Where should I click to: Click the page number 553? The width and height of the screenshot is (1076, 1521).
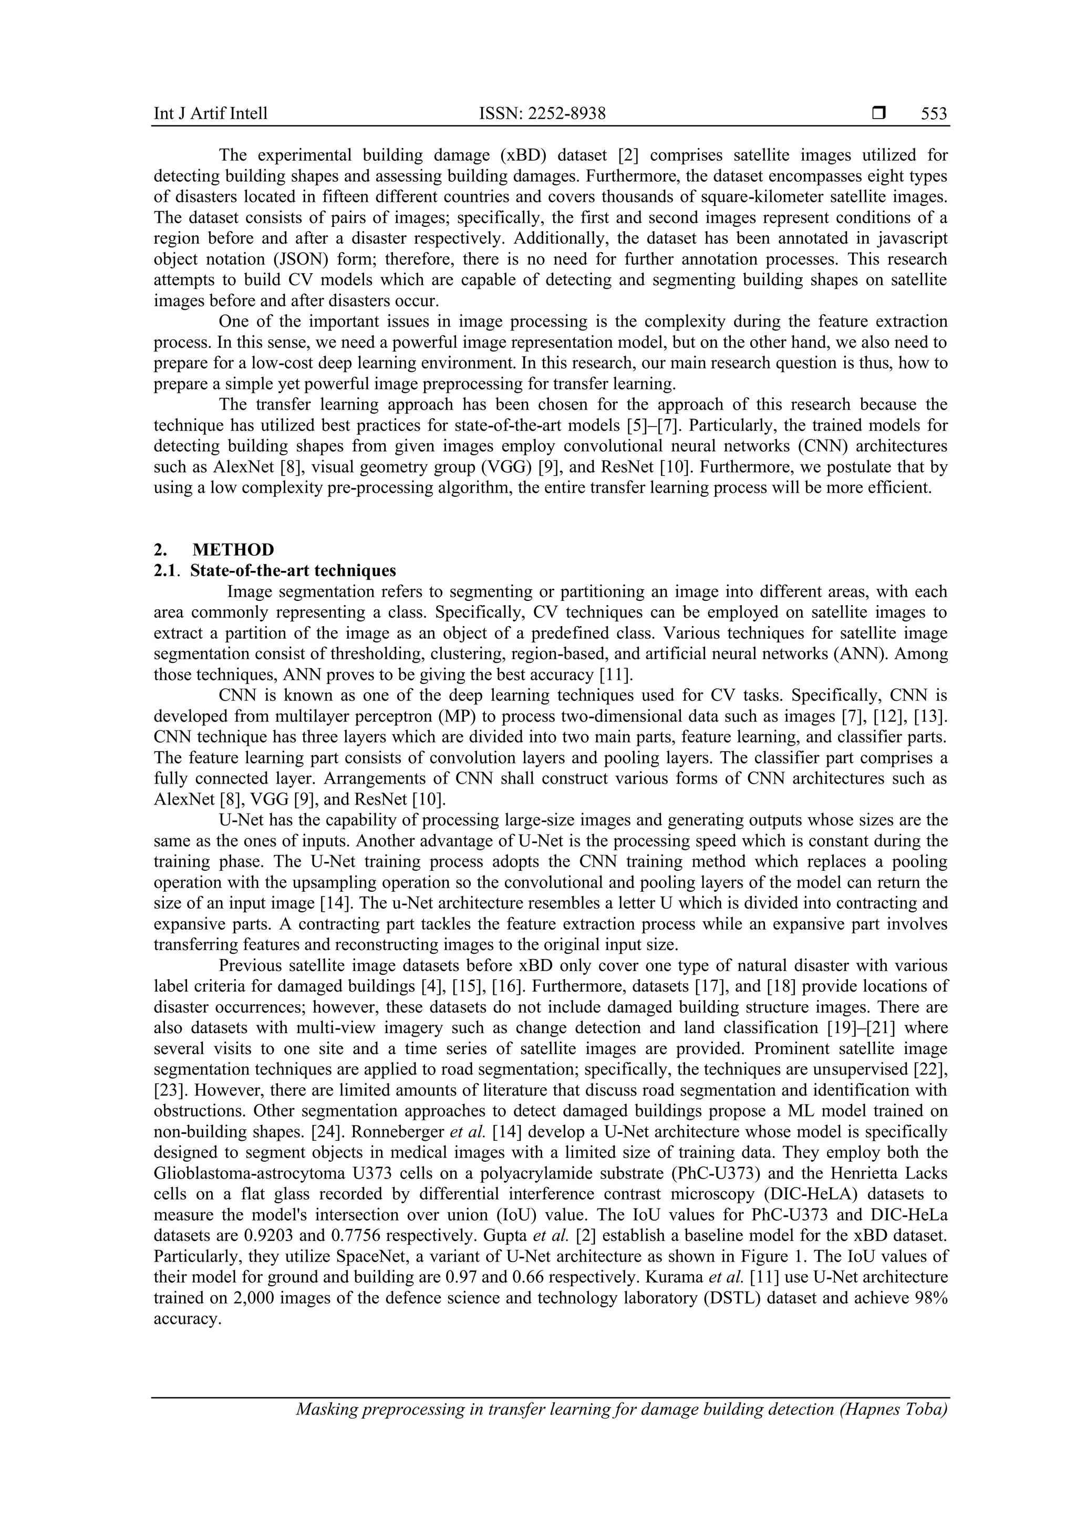[x=934, y=114]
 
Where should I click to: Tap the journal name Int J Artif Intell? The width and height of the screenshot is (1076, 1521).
[x=210, y=114]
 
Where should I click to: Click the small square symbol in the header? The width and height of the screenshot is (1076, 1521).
[x=878, y=113]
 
